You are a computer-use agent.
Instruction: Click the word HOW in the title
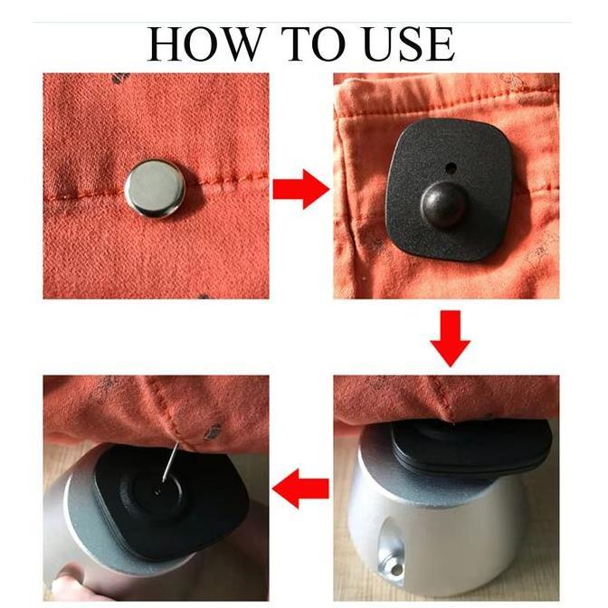[x=204, y=43]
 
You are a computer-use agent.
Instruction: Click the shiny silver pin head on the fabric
[x=155, y=187]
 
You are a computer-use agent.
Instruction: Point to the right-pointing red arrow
[x=301, y=189]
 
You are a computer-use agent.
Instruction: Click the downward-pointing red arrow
[x=451, y=338]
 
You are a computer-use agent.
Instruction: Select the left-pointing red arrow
[x=300, y=489]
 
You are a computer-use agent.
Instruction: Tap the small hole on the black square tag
[x=451, y=168]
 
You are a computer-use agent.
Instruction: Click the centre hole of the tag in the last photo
[x=157, y=491]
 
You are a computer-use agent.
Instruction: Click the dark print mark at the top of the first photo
[x=121, y=78]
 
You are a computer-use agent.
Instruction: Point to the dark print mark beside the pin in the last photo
[x=212, y=432]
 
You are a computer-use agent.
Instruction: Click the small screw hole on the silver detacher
[x=396, y=570]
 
